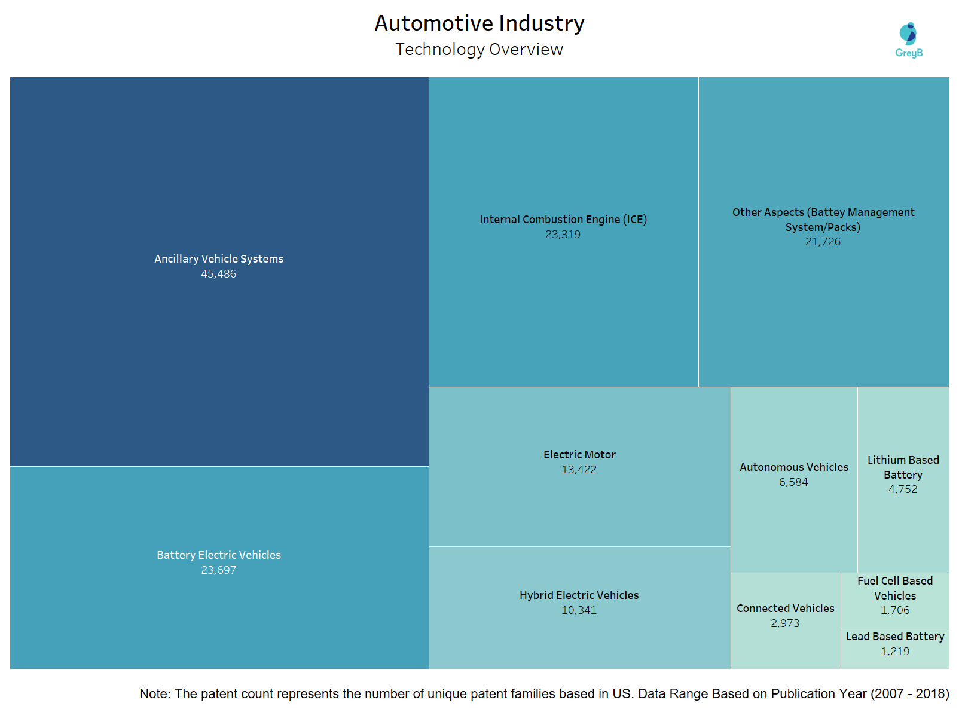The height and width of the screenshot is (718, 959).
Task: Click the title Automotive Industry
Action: [479, 23]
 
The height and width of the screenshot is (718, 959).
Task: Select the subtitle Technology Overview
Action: [479, 50]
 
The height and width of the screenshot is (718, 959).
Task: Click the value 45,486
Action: [218, 274]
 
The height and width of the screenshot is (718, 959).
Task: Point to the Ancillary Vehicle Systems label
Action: [219, 259]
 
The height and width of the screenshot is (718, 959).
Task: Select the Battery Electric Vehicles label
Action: [219, 555]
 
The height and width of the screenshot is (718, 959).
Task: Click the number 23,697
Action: [218, 570]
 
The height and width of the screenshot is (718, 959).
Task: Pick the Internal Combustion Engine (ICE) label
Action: [563, 220]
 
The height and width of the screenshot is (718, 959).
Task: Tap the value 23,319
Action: [563, 235]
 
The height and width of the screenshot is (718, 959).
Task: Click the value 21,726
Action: [823, 242]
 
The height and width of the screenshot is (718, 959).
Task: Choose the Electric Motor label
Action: [579, 455]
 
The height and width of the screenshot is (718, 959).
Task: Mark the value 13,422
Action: [579, 470]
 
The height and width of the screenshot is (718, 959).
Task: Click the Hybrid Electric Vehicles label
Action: [579, 595]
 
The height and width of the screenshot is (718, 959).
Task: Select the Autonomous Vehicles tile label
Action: [794, 467]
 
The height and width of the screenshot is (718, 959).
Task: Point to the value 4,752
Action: [903, 489]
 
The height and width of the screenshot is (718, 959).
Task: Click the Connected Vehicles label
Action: [785, 609]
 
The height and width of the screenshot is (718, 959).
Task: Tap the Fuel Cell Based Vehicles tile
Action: [895, 596]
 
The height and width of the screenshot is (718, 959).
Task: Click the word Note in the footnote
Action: [154, 694]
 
